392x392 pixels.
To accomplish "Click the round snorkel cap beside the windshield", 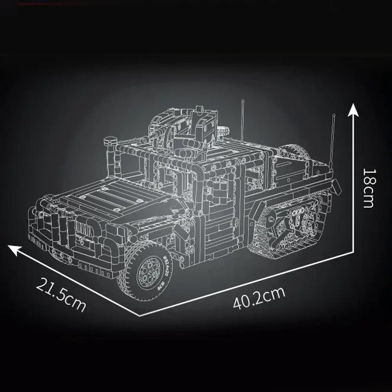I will click(x=111, y=140).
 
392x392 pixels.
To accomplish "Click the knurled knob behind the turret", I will click(x=225, y=130).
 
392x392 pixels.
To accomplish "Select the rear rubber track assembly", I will click(x=286, y=227).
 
